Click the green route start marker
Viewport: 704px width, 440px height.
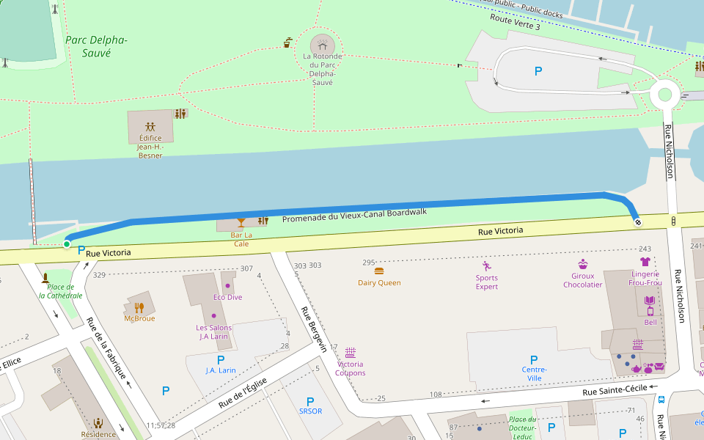tap(67, 244)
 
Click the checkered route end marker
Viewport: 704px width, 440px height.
tap(637, 221)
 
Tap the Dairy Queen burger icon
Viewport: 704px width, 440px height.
tap(379, 271)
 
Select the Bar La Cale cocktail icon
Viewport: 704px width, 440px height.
tap(241, 221)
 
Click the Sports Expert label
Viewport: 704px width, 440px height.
tap(486, 282)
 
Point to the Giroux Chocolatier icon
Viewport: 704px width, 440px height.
tap(583, 265)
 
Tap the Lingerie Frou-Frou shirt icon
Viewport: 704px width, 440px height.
tap(645, 261)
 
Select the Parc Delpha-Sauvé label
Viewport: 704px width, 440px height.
tap(96, 46)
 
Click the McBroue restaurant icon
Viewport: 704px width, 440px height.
tap(139, 307)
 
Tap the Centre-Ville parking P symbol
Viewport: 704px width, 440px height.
tap(533, 359)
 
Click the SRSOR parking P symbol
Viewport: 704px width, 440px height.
tap(310, 401)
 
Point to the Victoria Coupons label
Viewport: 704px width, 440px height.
tap(351, 368)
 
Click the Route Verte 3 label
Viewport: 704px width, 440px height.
tap(515, 21)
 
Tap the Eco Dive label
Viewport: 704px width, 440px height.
tap(227, 297)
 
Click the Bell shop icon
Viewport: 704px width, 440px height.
tap(650, 301)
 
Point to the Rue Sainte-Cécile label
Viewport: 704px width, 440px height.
tap(615, 392)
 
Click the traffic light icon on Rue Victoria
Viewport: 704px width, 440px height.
tap(673, 220)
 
